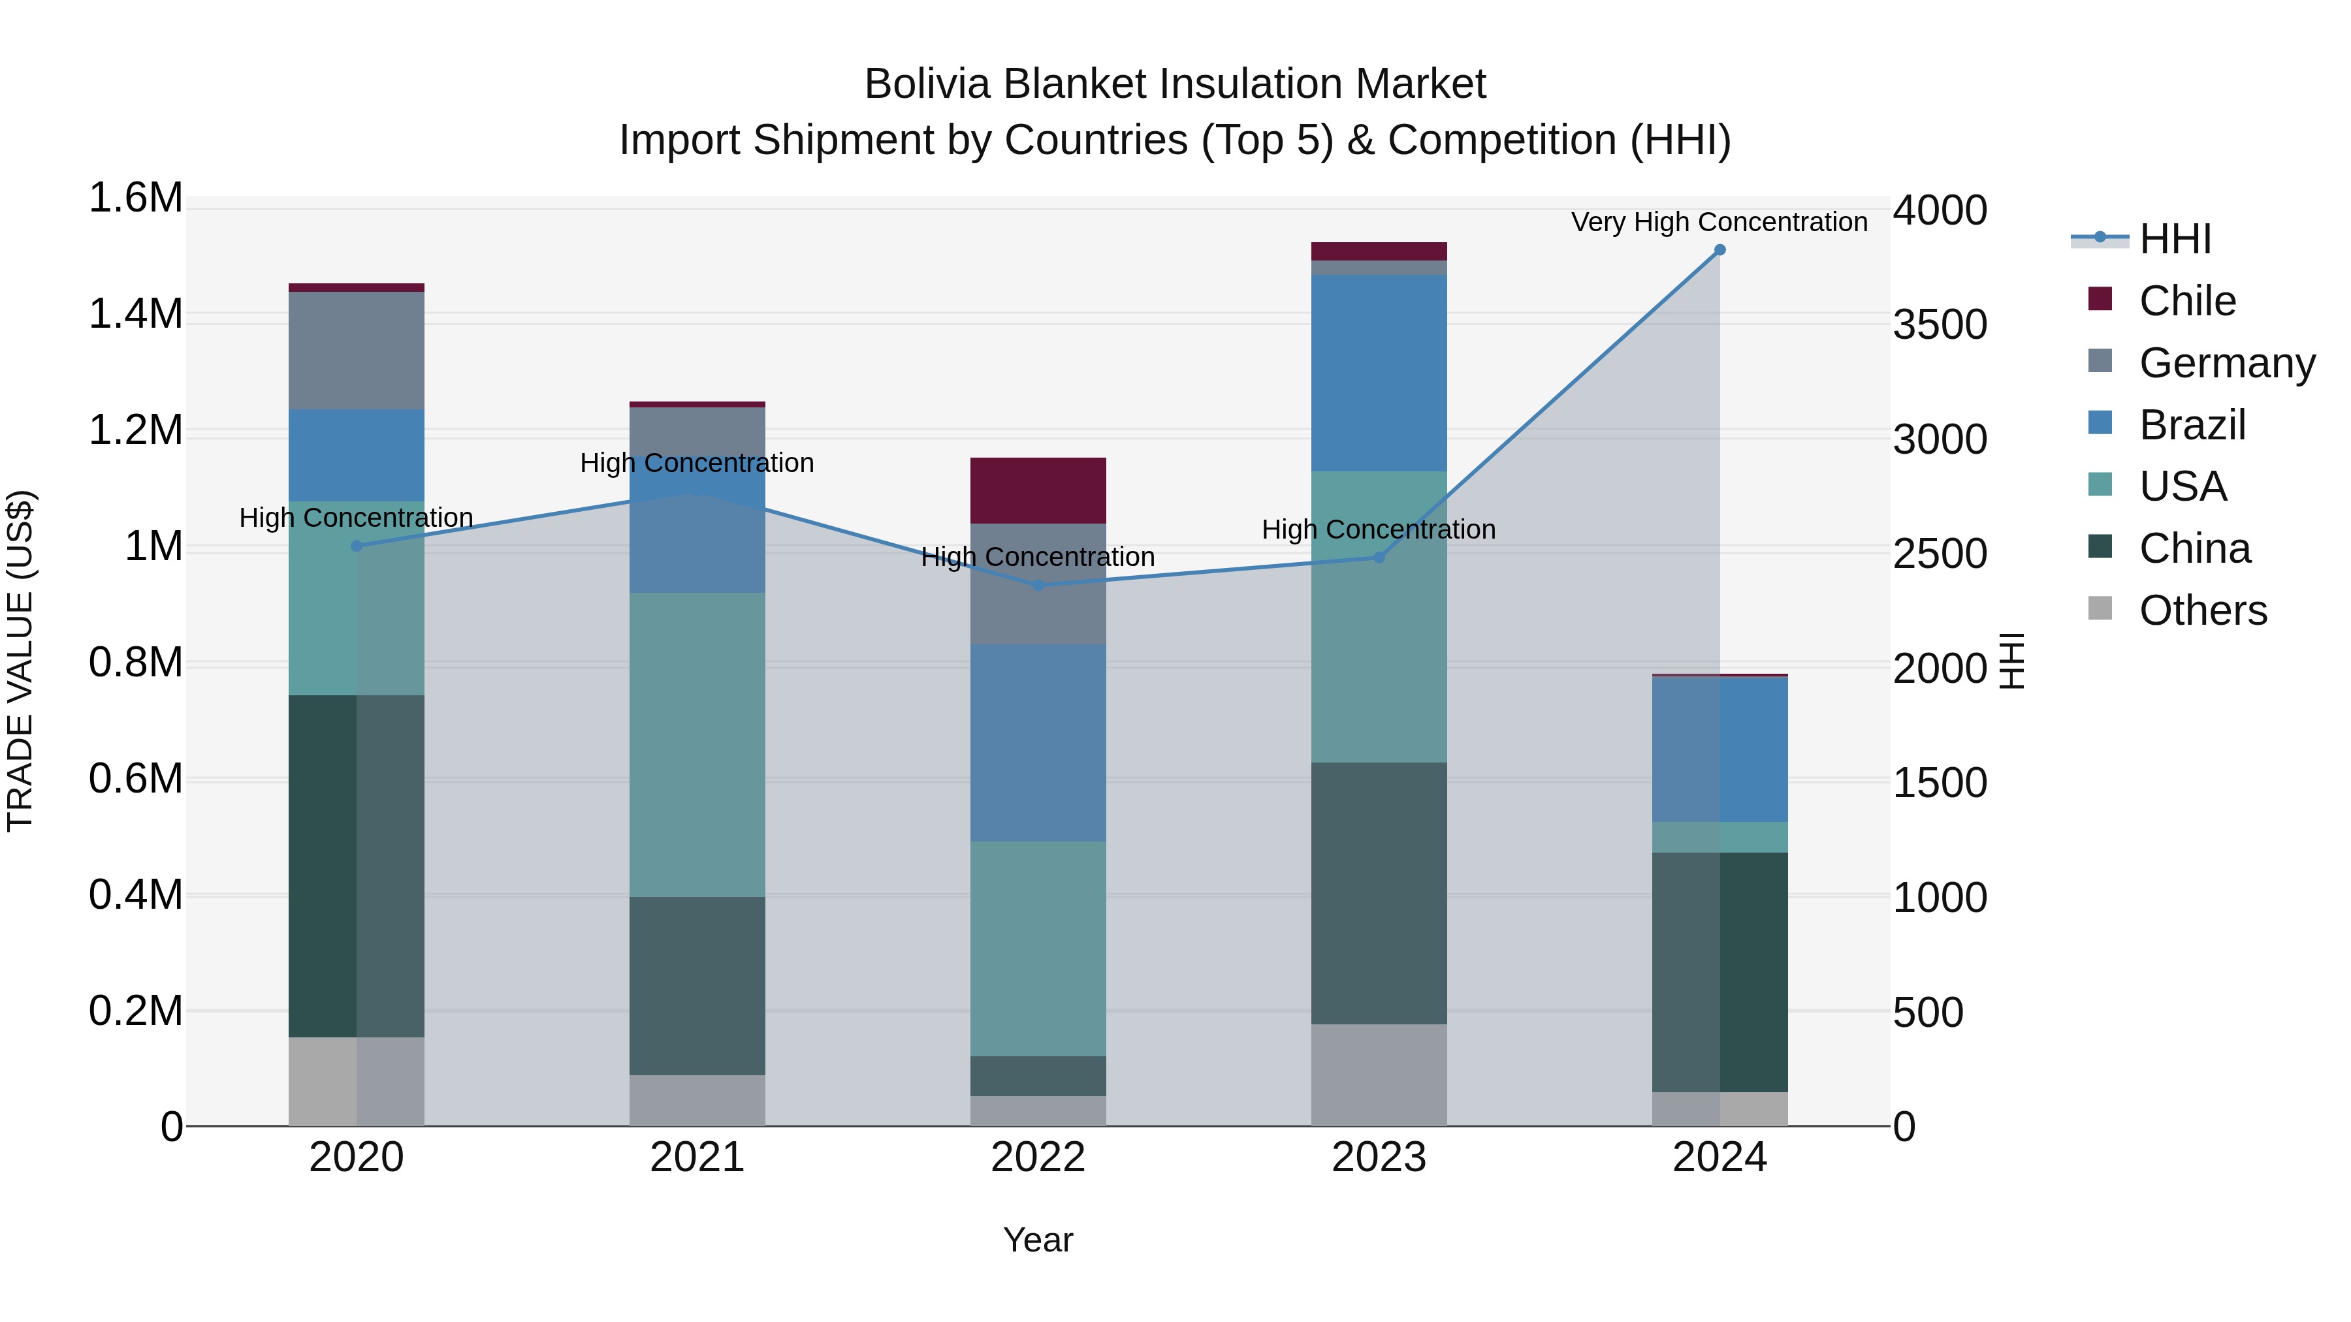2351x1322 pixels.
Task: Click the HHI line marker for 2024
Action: coord(1719,250)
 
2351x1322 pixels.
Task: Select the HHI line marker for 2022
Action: coord(1038,585)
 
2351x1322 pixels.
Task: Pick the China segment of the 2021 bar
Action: coord(697,985)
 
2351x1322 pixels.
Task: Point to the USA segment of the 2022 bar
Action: coord(1038,949)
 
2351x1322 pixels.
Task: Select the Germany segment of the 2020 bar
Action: coord(357,351)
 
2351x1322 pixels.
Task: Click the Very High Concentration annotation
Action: coord(1719,222)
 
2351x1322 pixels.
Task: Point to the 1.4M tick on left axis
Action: coord(135,314)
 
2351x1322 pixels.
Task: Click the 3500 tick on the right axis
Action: coord(1940,325)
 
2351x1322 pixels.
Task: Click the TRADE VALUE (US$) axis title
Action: coord(20,661)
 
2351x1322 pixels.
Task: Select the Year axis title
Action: coord(1038,1240)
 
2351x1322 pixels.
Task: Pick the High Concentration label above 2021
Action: coord(697,463)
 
